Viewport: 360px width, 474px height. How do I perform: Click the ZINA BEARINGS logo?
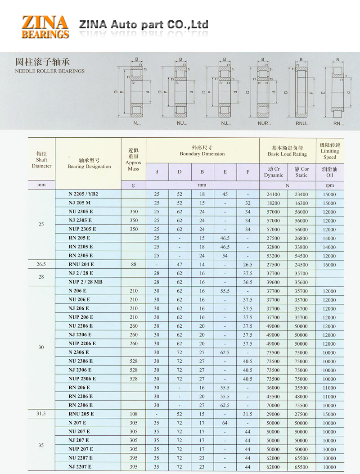click(45, 27)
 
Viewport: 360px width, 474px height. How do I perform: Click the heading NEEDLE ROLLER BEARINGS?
click(50, 71)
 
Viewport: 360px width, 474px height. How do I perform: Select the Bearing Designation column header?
click(89, 163)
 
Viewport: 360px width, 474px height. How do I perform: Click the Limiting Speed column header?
click(329, 151)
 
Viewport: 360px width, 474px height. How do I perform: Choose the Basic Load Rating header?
click(287, 151)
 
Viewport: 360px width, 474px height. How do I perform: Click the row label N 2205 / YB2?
click(83, 194)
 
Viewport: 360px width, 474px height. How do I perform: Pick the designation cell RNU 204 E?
click(81, 264)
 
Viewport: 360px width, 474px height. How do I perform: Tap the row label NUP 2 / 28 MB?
click(84, 282)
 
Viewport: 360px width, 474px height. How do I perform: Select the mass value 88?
click(134, 264)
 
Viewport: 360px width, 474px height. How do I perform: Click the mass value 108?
click(134, 414)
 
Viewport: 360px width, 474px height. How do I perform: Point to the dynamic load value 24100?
click(273, 194)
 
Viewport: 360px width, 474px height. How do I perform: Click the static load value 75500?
click(301, 405)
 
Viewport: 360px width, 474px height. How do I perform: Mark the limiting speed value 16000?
click(329, 265)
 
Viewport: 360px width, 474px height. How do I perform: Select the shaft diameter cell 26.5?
click(41, 264)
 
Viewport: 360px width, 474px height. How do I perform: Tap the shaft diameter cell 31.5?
click(41, 414)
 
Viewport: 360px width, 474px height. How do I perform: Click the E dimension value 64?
click(225, 423)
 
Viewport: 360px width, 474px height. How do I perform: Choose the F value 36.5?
click(247, 282)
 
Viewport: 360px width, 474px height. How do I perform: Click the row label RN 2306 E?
click(81, 405)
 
